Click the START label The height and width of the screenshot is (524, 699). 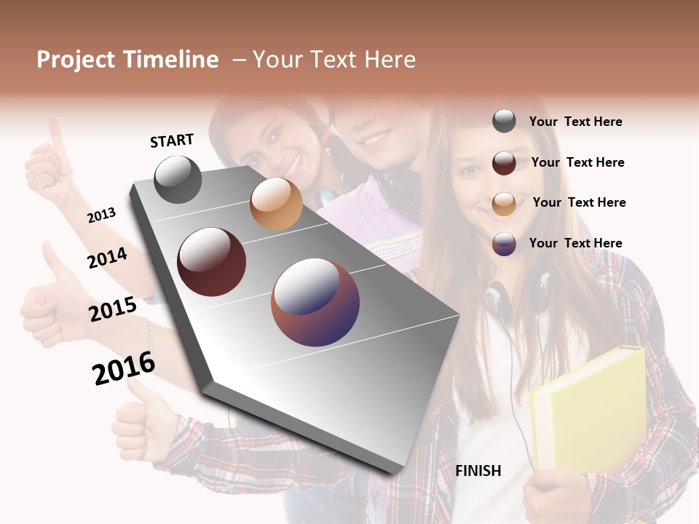(172, 140)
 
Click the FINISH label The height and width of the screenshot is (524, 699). (478, 471)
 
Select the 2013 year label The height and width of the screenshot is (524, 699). (102, 215)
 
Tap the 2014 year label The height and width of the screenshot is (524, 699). (108, 258)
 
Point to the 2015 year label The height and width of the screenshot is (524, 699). (113, 309)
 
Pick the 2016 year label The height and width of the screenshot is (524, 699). (124, 368)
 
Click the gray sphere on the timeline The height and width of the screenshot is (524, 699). (178, 180)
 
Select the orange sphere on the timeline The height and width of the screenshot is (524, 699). (276, 205)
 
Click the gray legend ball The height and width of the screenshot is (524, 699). (504, 122)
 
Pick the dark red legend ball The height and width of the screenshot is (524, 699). (504, 163)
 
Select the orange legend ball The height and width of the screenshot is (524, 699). (504, 203)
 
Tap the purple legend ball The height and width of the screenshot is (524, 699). (504, 244)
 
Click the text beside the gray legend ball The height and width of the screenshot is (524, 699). (575, 122)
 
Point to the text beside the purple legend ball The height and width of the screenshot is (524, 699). (575, 243)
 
